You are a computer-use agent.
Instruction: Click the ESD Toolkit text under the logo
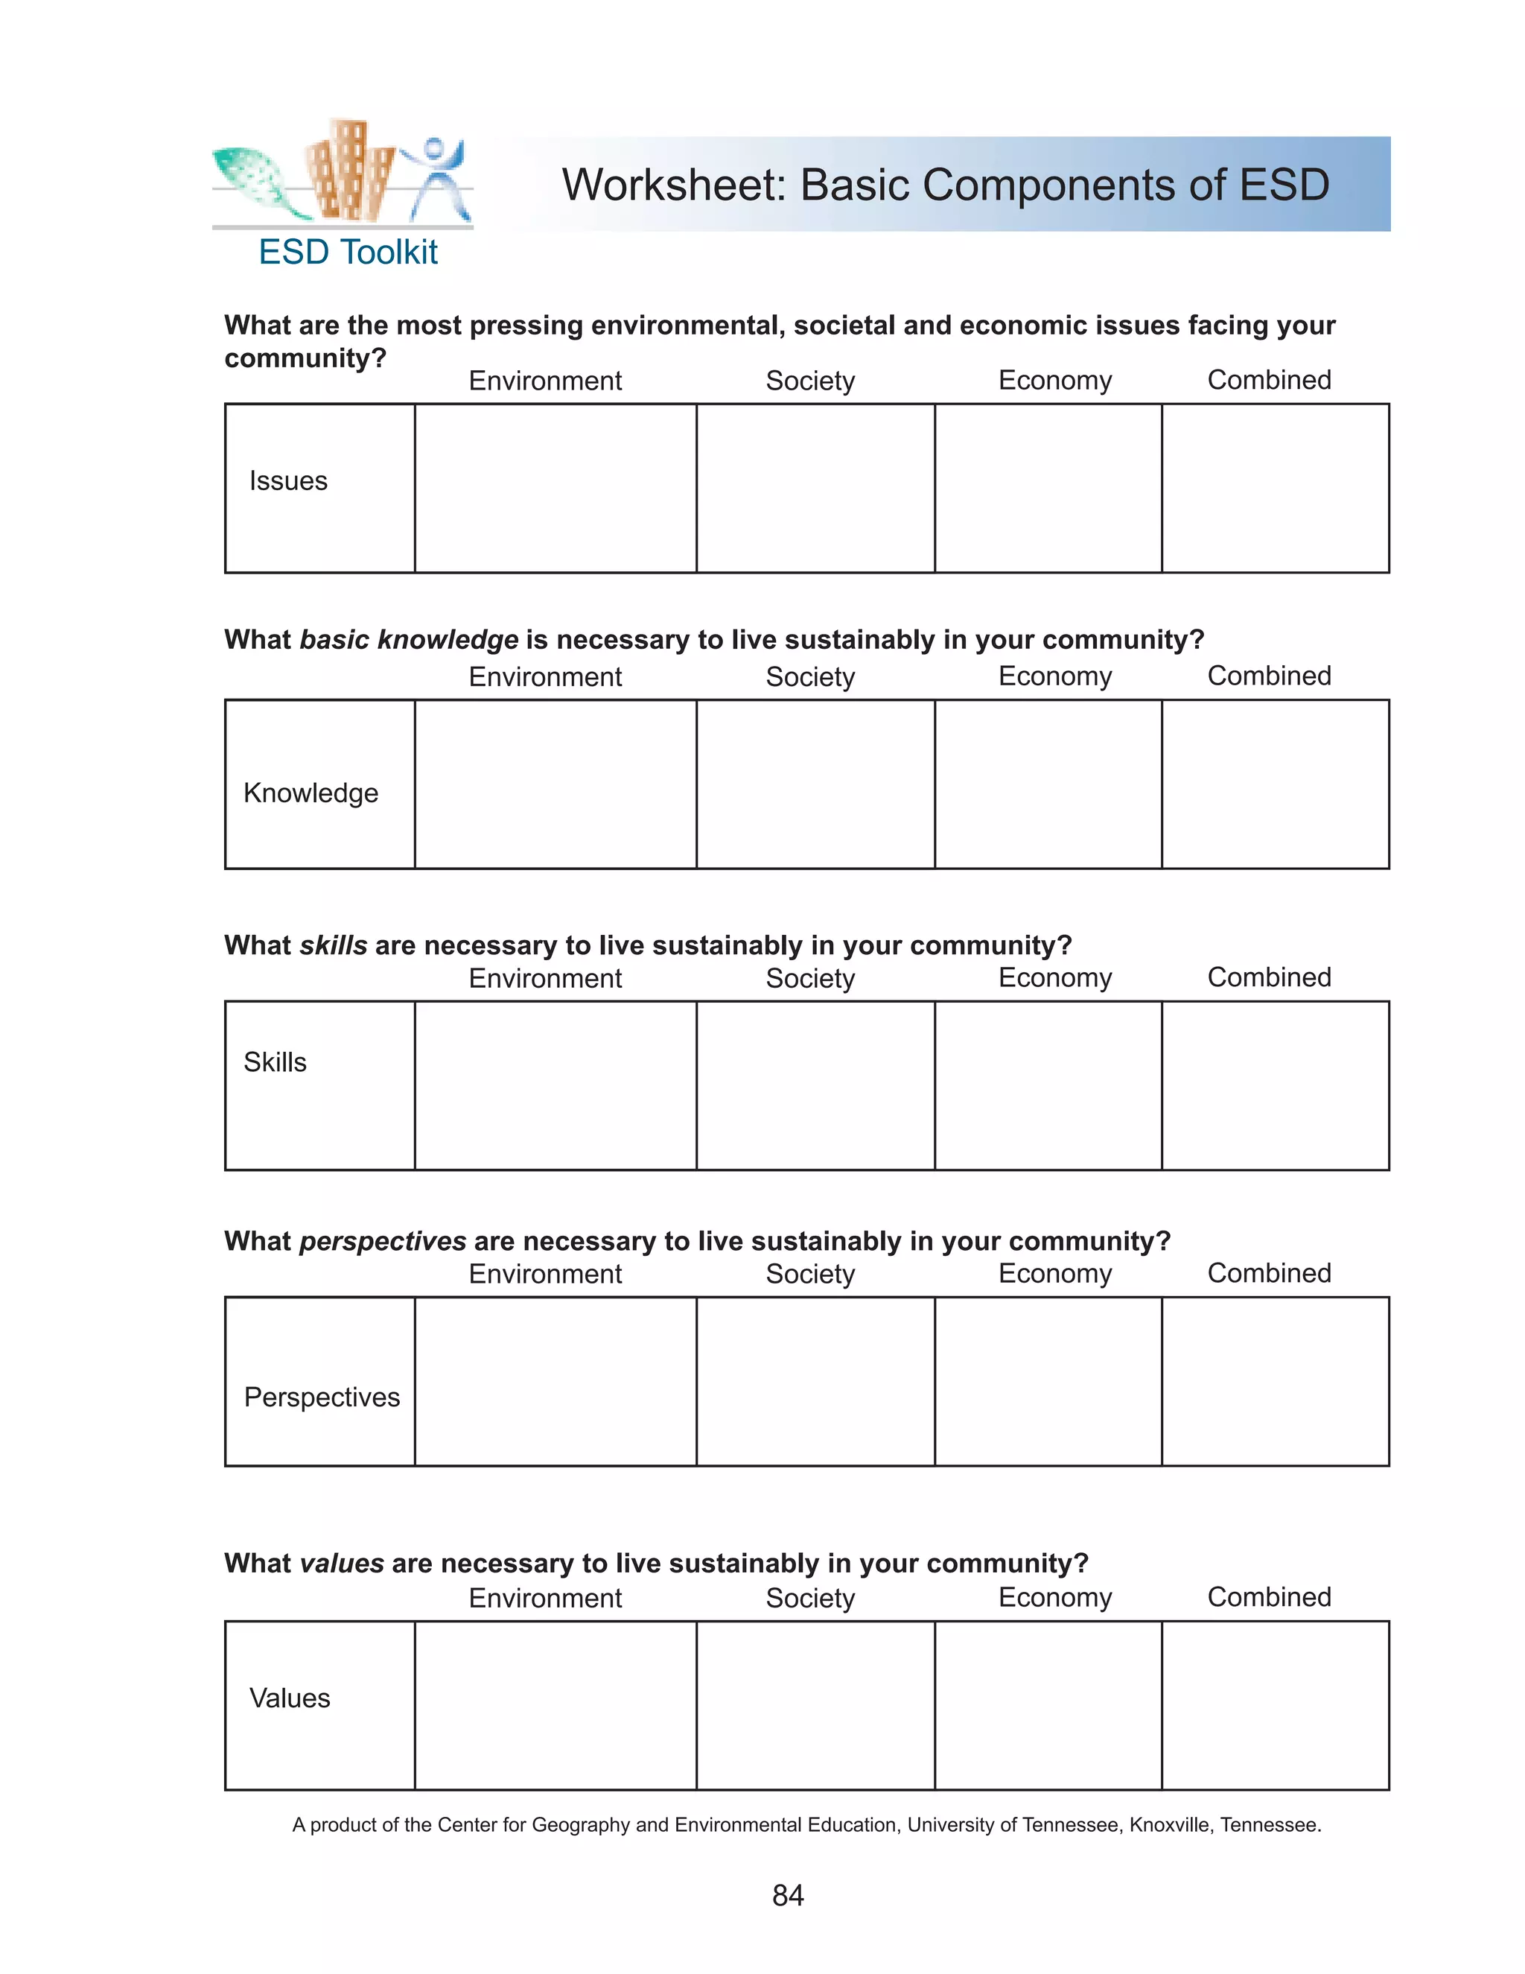click(348, 253)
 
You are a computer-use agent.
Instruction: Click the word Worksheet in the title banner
click(674, 185)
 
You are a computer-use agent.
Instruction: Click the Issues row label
click(288, 481)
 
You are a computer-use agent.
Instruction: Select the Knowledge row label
click(311, 793)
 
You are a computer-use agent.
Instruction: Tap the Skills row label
click(275, 1062)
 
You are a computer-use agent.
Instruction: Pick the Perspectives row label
click(322, 1397)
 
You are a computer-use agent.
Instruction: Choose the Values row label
click(289, 1698)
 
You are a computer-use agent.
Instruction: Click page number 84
click(788, 1894)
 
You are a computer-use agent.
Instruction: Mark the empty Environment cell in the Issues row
click(555, 488)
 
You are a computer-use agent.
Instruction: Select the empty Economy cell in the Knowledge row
click(1048, 784)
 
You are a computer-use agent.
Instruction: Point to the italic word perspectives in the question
click(382, 1241)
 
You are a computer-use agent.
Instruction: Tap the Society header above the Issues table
click(809, 381)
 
